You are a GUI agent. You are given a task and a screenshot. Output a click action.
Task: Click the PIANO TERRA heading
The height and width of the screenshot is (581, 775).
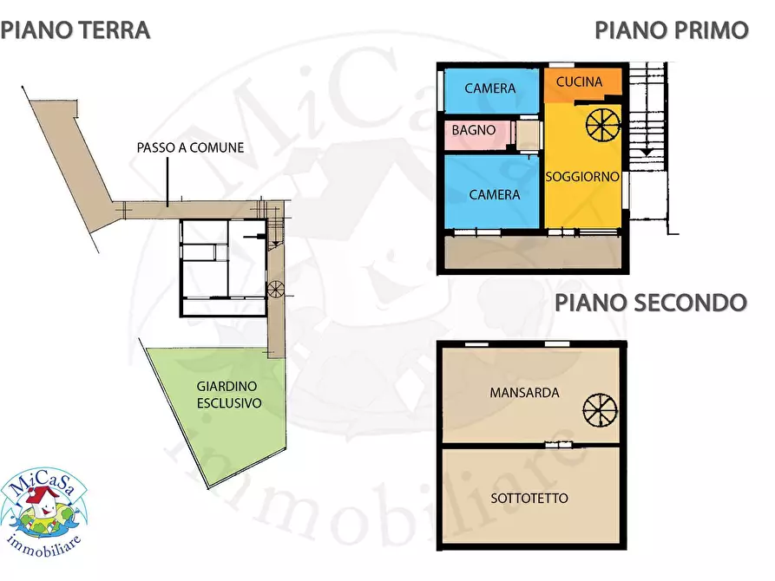[x=76, y=30]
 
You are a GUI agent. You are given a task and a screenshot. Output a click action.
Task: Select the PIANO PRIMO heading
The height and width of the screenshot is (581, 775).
[x=671, y=30]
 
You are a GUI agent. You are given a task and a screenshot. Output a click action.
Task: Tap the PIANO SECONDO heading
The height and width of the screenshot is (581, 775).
[x=650, y=303]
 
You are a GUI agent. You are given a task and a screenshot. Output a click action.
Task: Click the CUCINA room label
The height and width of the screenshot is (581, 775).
[x=579, y=82]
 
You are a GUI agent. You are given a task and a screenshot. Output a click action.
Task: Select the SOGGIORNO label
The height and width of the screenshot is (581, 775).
[x=582, y=176]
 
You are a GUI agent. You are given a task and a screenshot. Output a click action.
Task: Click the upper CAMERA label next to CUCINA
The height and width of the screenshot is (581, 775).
[x=489, y=88]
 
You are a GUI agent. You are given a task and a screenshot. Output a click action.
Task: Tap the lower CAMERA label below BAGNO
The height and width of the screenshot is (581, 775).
[x=494, y=194]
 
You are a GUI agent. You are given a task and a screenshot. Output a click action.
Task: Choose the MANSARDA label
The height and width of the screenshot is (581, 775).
[x=524, y=393]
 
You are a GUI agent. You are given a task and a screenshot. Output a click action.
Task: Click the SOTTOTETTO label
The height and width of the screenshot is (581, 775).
[x=529, y=498]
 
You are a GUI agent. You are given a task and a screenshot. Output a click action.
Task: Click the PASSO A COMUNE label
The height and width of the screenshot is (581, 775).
[x=190, y=147]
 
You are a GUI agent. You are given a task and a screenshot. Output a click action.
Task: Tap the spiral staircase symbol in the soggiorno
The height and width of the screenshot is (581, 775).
[x=603, y=125]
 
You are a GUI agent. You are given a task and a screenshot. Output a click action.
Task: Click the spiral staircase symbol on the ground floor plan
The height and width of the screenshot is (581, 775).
[x=276, y=290]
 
